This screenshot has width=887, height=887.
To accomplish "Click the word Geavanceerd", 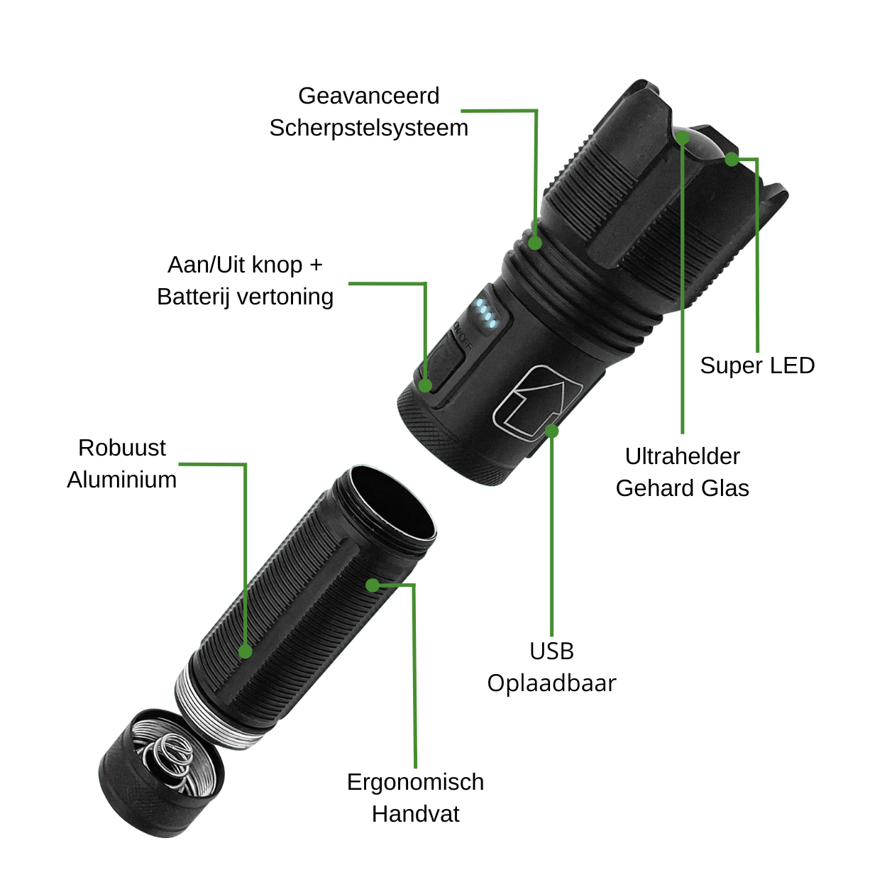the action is [x=369, y=97].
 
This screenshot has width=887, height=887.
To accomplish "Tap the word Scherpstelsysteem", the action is [x=369, y=128].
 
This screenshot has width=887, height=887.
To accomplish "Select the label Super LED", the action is [x=757, y=365].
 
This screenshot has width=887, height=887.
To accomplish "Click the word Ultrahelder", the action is [x=682, y=456].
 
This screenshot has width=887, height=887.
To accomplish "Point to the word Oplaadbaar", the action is [x=551, y=683].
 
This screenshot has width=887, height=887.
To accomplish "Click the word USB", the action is [x=551, y=651].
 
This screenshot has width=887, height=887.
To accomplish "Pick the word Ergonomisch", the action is [x=415, y=782].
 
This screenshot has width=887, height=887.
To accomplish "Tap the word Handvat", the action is [x=415, y=814].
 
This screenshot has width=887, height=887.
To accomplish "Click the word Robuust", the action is [x=121, y=448].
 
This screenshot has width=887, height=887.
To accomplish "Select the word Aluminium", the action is [x=121, y=480].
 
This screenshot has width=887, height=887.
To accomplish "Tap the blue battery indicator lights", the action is [x=486, y=314].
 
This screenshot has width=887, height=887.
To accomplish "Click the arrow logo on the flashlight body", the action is [x=537, y=403].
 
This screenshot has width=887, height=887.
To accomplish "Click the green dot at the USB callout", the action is [x=551, y=431].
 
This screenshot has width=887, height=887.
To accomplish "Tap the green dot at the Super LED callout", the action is [x=732, y=159].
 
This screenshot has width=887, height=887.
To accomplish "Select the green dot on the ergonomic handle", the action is [x=373, y=585].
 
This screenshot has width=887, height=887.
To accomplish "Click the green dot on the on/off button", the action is [x=425, y=385].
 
